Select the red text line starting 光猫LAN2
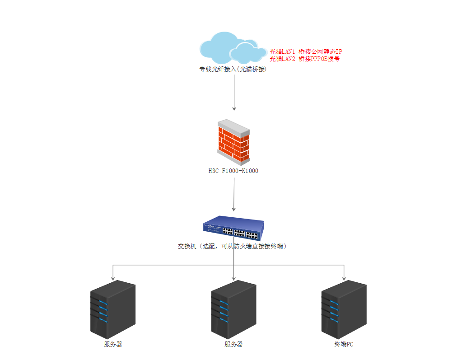click(x=304, y=59)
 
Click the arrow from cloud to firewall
click(x=234, y=93)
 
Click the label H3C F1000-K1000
click(x=233, y=171)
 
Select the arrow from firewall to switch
click(x=234, y=194)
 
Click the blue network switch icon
click(x=233, y=228)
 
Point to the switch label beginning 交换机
click(x=233, y=246)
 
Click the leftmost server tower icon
click(x=112, y=309)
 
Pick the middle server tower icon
click(x=233, y=309)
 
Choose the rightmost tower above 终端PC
click(x=344, y=309)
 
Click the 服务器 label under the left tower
click(x=113, y=344)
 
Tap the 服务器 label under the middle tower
click(x=233, y=344)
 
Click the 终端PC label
click(x=344, y=344)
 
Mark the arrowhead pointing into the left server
click(x=112, y=278)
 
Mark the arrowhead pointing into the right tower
click(x=344, y=278)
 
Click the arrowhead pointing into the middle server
click(x=234, y=278)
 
